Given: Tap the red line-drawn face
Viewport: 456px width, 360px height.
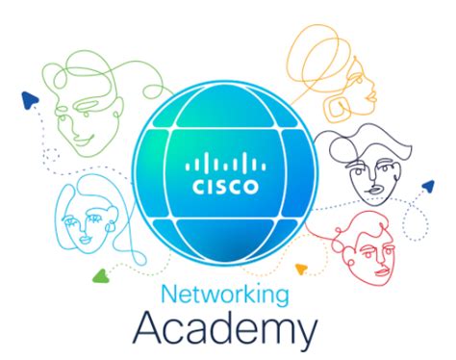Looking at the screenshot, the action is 370,241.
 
